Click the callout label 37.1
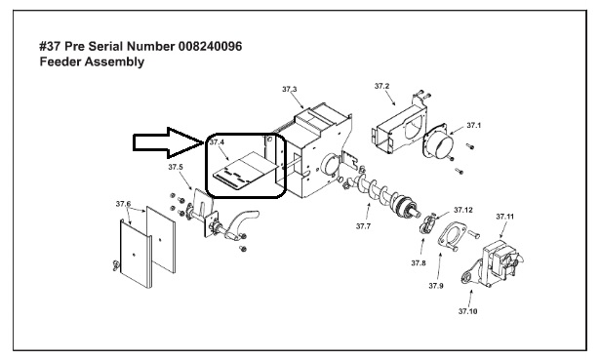(474, 126)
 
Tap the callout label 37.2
(381, 86)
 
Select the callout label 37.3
(290, 89)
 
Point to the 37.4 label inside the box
(217, 142)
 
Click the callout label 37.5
(176, 167)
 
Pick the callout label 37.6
(123, 204)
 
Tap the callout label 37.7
(363, 226)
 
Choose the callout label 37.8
(419, 263)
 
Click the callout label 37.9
(436, 286)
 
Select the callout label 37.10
(468, 311)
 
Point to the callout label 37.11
(505, 217)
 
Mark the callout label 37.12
(463, 210)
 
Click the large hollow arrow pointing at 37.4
(169, 142)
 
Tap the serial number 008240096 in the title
(210, 46)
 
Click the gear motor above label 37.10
(494, 264)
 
